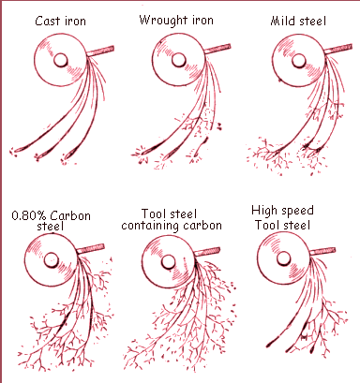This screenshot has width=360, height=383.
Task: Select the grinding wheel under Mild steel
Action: pos(285,61)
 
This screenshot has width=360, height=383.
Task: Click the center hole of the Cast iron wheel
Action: pos(59,59)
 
